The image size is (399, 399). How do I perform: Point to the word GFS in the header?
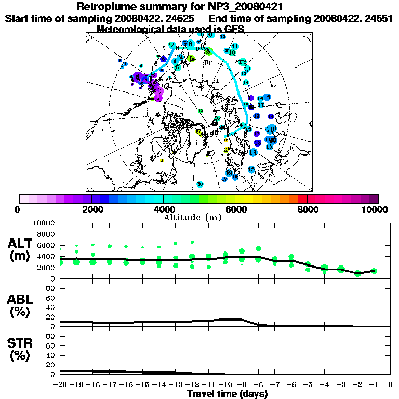[233, 29]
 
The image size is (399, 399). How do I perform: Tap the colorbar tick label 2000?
[91, 209]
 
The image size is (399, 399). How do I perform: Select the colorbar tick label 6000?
[235, 209]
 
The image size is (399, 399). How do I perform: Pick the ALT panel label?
[21, 243]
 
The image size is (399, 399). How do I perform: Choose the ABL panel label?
[21, 299]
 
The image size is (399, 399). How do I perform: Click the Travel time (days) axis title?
[227, 394]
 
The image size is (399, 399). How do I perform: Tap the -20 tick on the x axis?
[61, 384]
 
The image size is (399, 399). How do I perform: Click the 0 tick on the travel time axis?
[390, 384]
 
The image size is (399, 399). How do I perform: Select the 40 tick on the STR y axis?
[51, 355]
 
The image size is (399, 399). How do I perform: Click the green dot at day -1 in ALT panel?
[374, 271]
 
